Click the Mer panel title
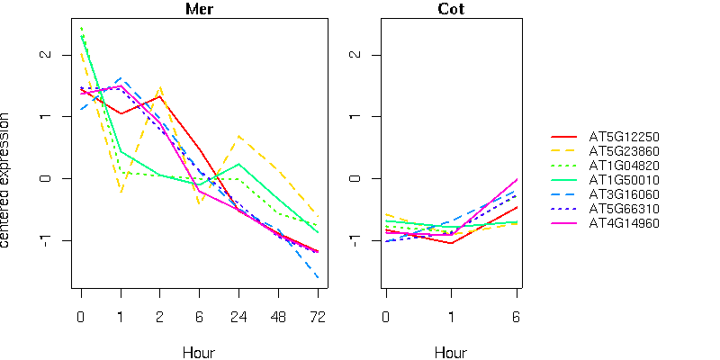tap(199, 10)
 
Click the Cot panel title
tap(450, 10)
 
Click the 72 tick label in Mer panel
tap(318, 317)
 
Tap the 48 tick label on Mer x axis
tap(278, 317)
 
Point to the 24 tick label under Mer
tap(238, 317)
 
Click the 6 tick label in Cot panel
tap(517, 317)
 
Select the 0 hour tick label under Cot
tap(385, 317)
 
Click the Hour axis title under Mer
tap(199, 352)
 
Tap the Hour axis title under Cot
tap(450, 352)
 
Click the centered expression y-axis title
tap(7, 180)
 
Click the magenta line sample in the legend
tap(564, 222)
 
